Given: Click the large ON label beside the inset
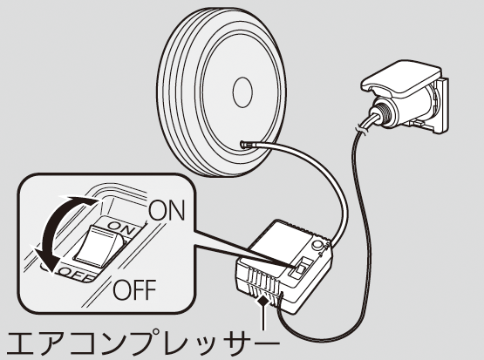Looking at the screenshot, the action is point(167,210).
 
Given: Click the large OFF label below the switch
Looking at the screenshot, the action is point(134,289).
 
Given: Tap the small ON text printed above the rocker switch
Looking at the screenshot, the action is point(121,228).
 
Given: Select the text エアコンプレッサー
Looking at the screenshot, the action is point(143,343).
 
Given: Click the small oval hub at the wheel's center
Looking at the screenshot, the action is point(242,92).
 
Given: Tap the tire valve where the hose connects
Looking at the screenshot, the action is point(244,144).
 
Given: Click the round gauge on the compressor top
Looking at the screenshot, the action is point(317,246).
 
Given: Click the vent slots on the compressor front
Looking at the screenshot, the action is point(262,282).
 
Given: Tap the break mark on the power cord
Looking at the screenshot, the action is point(361,130).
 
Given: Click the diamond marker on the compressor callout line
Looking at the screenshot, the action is point(263,300).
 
